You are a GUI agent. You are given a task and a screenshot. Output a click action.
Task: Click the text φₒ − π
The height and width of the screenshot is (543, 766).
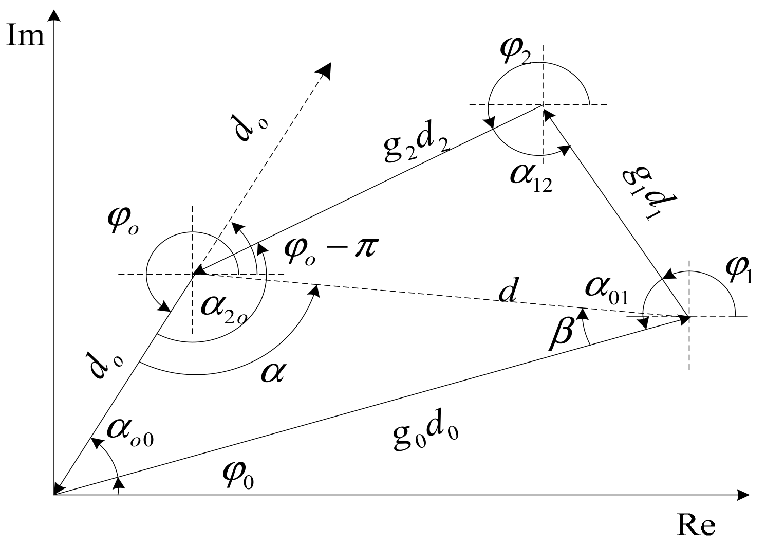pos(330,250)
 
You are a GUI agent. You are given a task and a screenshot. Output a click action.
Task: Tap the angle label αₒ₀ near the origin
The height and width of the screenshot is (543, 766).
pos(129,435)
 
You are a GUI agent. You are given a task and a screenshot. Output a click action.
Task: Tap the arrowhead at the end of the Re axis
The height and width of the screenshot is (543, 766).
pos(742,495)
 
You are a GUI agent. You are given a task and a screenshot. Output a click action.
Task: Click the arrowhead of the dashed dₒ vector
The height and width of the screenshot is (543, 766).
pos(325,69)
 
